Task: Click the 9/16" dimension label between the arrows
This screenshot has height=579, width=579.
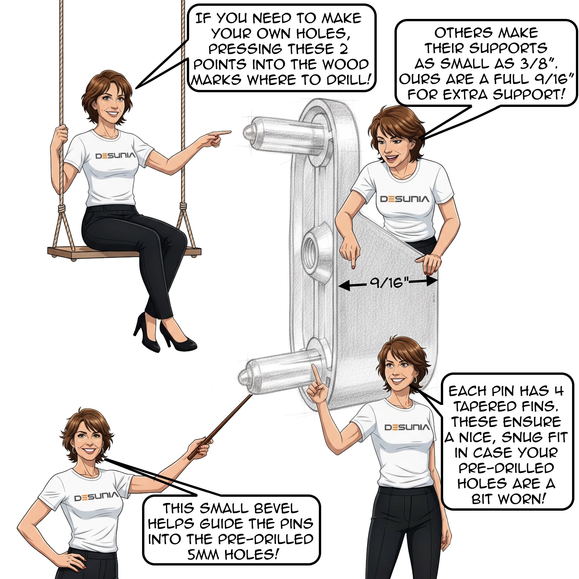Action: (389, 283)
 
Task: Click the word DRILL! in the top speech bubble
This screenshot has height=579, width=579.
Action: (349, 80)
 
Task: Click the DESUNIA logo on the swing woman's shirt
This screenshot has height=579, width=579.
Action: (115, 156)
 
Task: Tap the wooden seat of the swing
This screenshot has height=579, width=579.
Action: (124, 252)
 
